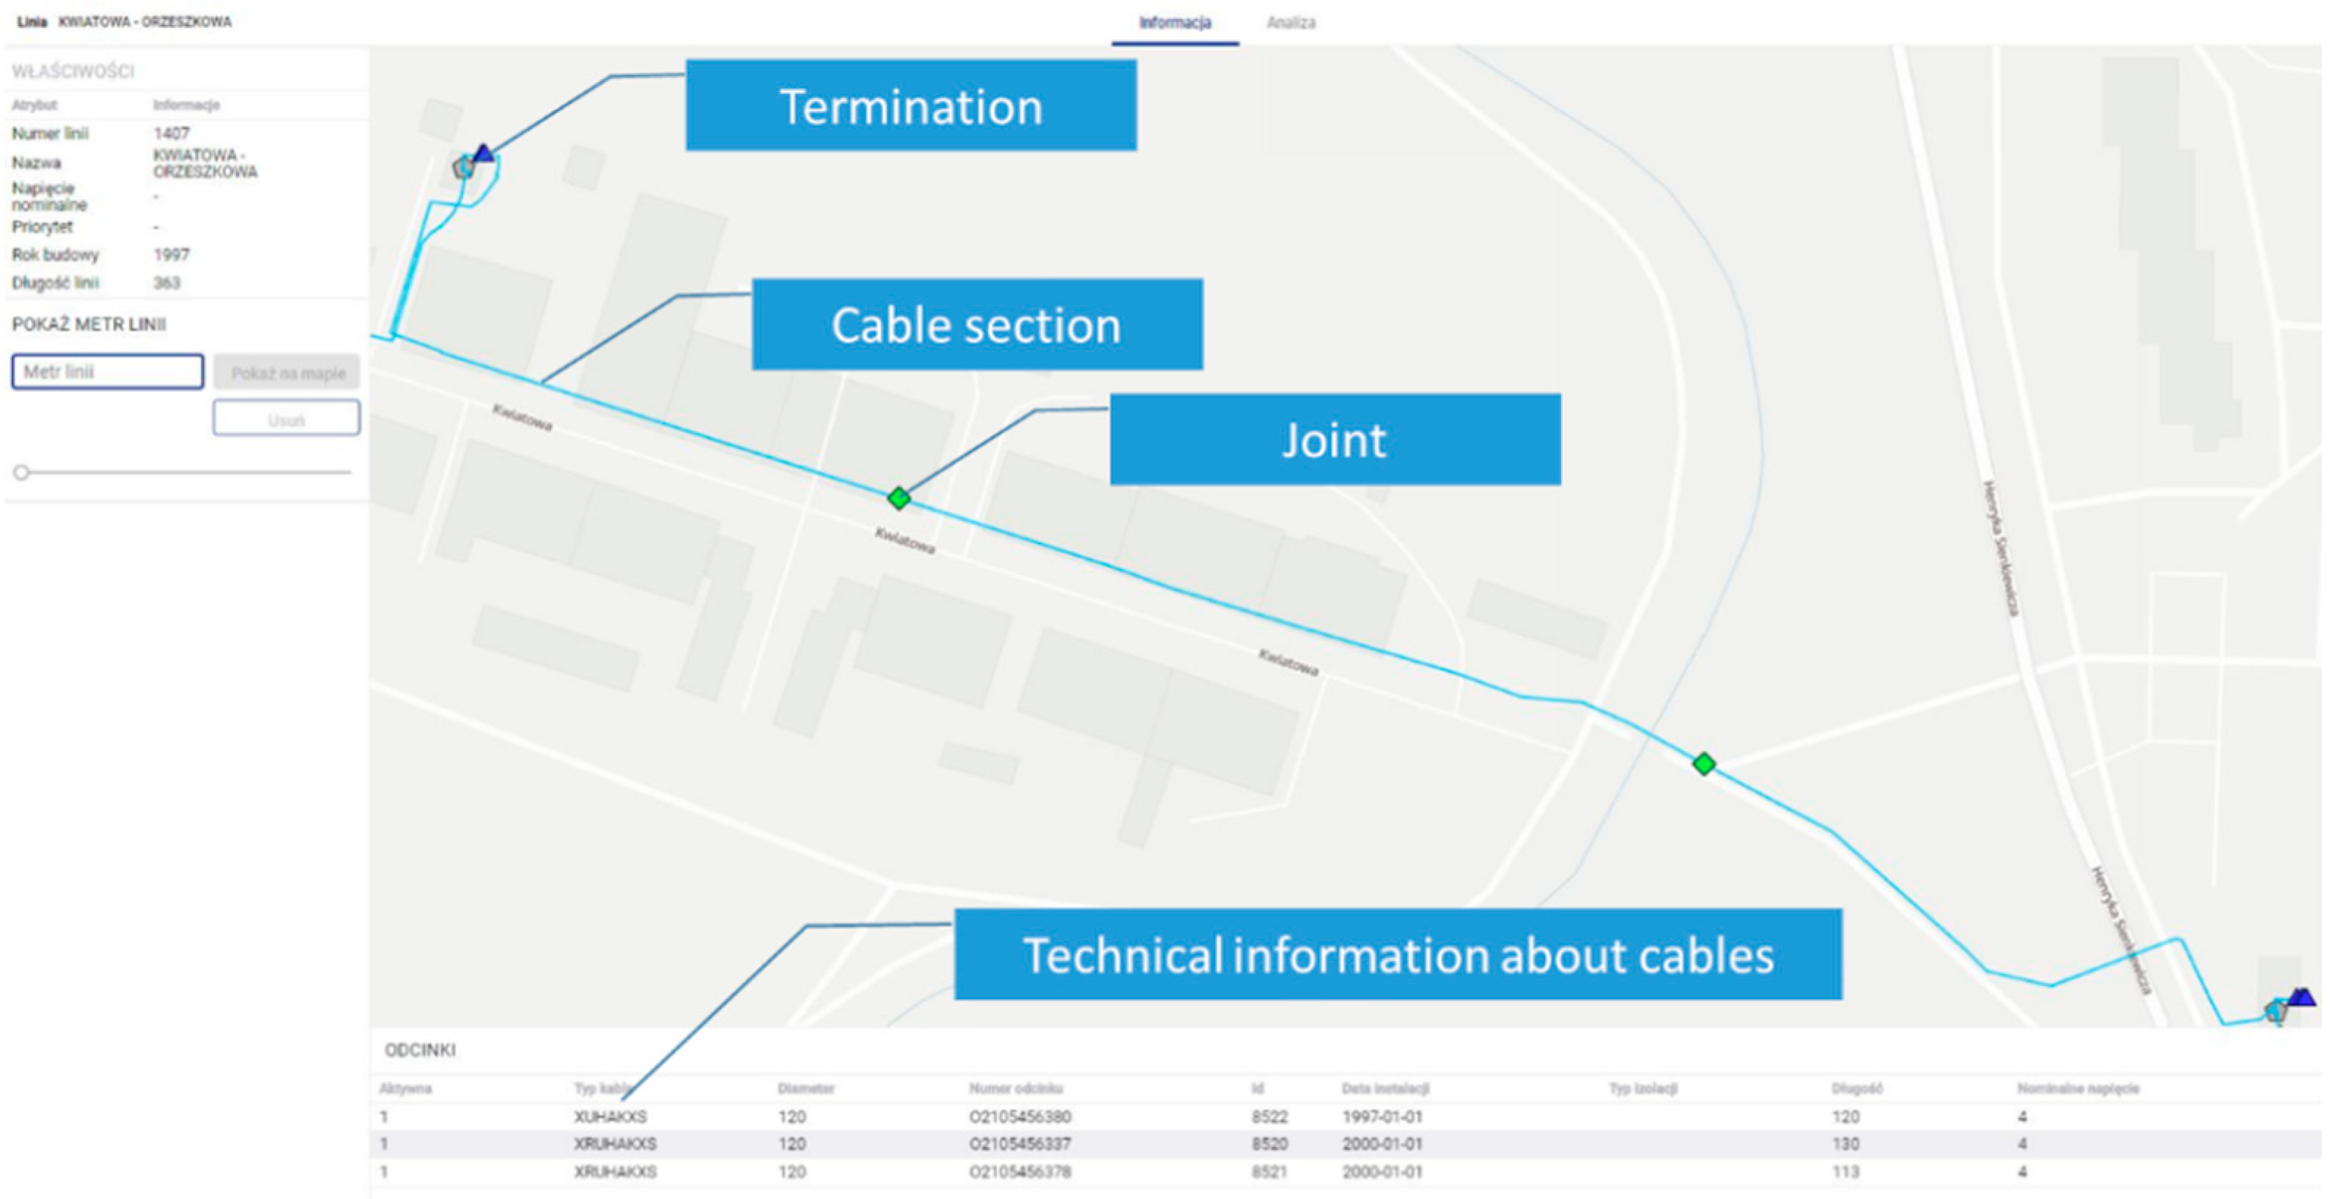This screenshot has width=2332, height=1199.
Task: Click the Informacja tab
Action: click(1174, 23)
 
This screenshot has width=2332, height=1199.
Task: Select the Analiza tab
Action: click(1290, 23)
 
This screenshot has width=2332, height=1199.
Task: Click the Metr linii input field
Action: click(107, 372)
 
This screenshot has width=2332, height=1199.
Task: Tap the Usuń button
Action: click(286, 420)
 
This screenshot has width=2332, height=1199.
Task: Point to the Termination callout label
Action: click(911, 106)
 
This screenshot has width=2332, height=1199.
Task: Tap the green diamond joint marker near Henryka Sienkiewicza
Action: click(1704, 764)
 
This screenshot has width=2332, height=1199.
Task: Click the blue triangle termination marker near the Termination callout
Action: click(484, 153)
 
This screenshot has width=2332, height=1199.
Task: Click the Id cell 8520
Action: click(1269, 1144)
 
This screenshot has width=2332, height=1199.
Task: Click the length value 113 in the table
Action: click(1845, 1172)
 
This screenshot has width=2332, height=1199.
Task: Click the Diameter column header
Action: click(805, 1088)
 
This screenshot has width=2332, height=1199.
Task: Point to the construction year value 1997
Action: click(171, 255)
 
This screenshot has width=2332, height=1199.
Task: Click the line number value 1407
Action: click(171, 134)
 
